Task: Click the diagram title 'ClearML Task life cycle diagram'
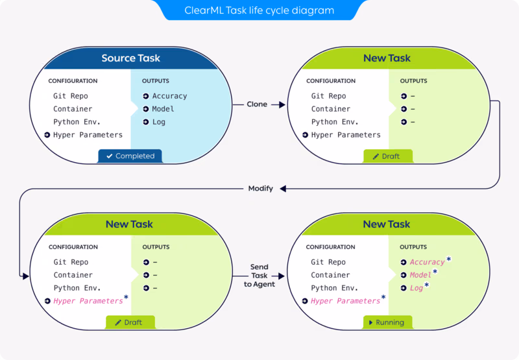pos(259,10)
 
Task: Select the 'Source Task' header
pos(130,58)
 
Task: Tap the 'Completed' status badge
pos(130,156)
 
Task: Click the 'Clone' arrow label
pos(257,104)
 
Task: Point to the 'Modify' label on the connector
pos(260,189)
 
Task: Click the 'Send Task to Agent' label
pos(259,275)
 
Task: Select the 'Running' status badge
pos(387,322)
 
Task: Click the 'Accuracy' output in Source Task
pos(169,96)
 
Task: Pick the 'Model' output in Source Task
pos(163,109)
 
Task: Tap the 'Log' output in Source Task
pos(159,122)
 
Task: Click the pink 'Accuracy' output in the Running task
pos(427,262)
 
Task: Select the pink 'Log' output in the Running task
pos(416,288)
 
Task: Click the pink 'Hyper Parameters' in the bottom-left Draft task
pos(88,301)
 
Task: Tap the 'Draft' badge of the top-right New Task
pos(387,156)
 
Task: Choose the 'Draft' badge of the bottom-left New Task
pos(130,322)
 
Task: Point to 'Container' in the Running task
pos(330,275)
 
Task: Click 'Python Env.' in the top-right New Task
pos(335,122)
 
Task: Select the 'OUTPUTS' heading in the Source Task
pos(156,81)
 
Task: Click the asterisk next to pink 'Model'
pos(435,272)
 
